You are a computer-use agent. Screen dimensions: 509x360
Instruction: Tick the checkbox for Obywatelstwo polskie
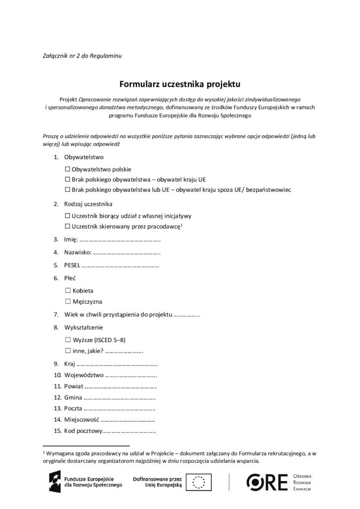68,170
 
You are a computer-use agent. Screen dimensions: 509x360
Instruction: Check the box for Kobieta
68,290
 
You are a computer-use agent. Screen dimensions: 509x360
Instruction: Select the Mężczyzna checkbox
68,302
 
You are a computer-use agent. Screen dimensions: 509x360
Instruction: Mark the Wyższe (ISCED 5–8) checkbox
68,340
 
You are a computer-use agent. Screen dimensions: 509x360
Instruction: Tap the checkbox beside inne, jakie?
68,351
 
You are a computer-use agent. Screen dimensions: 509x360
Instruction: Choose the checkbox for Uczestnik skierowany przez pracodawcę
68,227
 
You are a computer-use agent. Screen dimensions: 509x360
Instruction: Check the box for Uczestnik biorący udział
68,216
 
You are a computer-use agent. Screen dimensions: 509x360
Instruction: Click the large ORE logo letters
269,482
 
